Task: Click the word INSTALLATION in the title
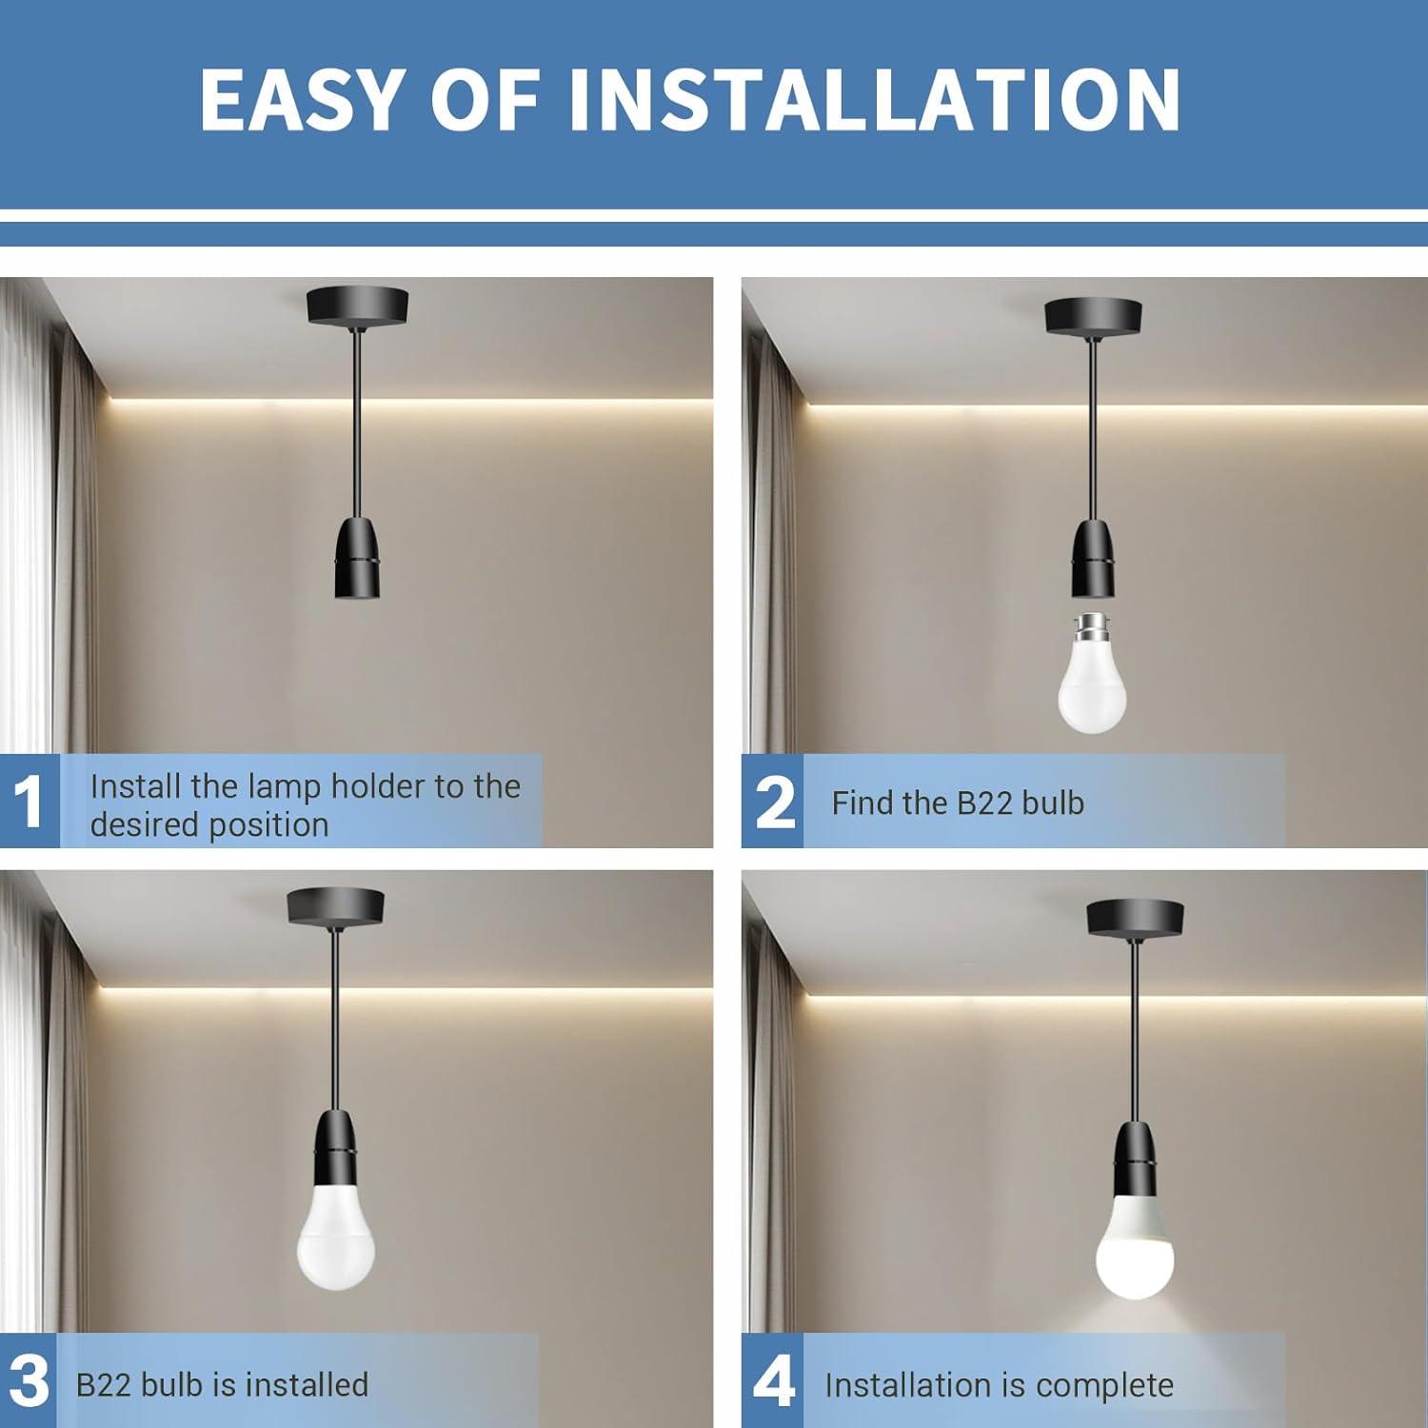[x=874, y=99]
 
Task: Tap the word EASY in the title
[x=303, y=99]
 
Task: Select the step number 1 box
[x=30, y=801]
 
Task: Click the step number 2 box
[x=772, y=801]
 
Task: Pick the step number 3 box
[x=29, y=1380]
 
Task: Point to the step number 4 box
[x=772, y=1380]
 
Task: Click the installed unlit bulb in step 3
[x=336, y=1237]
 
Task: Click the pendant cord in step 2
[x=1093, y=428]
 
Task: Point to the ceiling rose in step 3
[x=335, y=906]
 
